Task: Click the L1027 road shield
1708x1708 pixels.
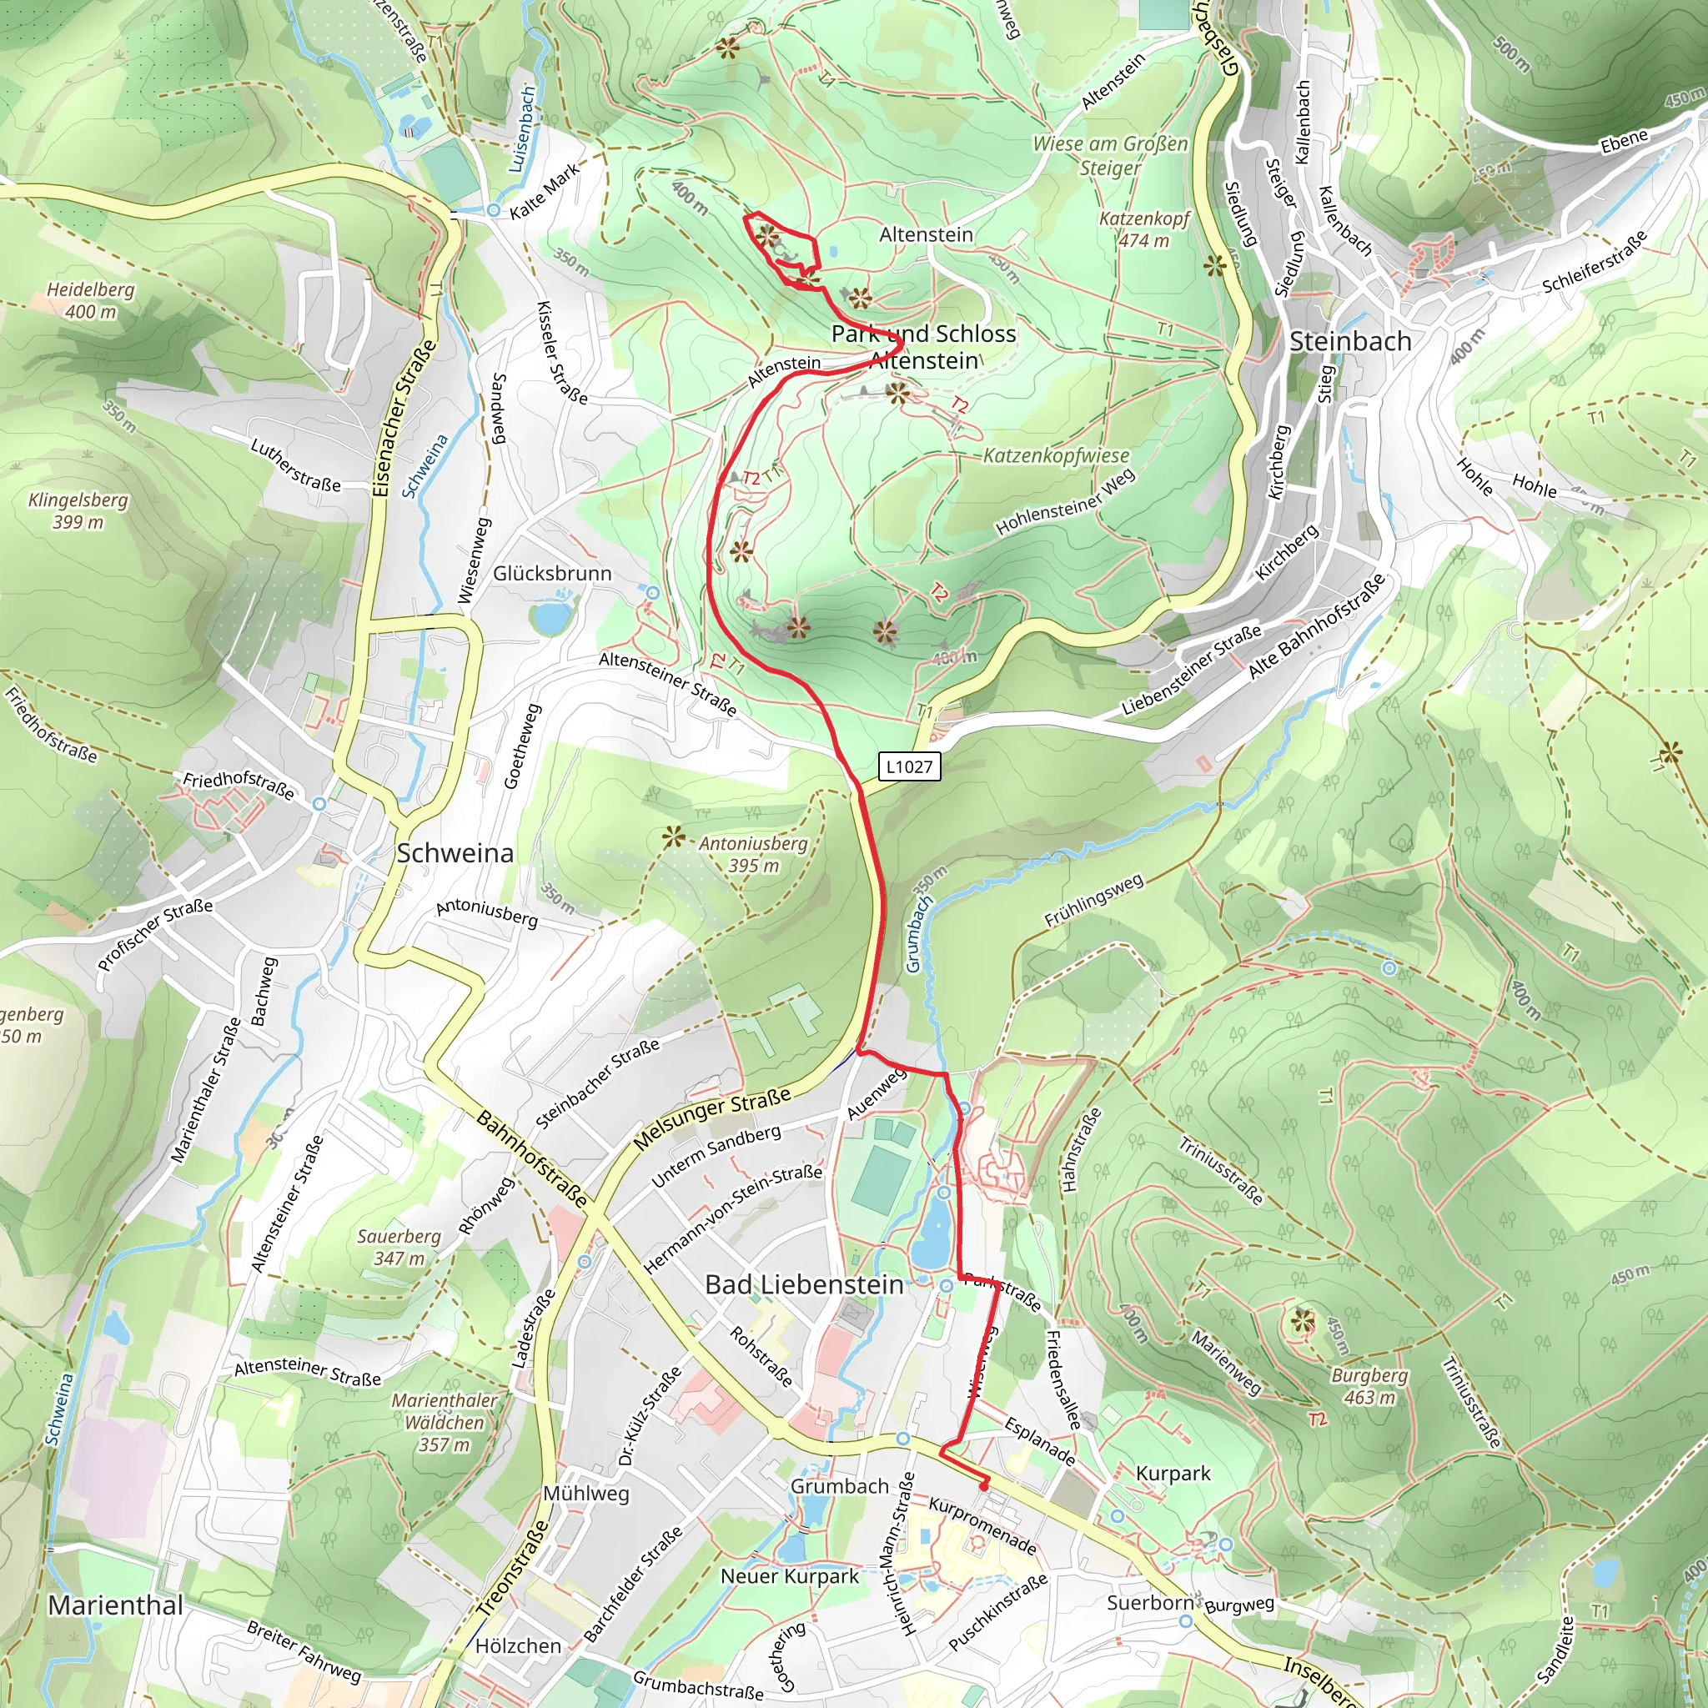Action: point(910,766)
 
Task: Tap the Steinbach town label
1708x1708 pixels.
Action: point(1350,342)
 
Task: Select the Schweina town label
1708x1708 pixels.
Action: point(455,853)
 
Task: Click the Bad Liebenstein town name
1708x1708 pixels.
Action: point(804,1284)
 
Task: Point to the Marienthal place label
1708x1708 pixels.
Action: point(116,1605)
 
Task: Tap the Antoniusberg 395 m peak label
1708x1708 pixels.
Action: point(753,855)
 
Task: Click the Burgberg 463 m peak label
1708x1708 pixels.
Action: point(1369,1386)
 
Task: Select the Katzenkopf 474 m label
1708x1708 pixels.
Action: point(1144,229)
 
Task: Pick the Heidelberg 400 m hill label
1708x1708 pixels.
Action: point(90,300)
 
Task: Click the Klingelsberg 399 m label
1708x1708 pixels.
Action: point(78,511)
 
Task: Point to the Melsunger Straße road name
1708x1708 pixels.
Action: point(712,1119)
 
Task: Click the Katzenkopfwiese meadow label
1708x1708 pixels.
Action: point(1057,456)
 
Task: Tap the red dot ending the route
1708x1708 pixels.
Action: point(984,1487)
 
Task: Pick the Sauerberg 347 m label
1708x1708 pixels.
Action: point(399,1248)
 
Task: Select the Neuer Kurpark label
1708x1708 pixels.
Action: point(790,1576)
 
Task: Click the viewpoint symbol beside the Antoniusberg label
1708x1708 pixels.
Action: point(674,836)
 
